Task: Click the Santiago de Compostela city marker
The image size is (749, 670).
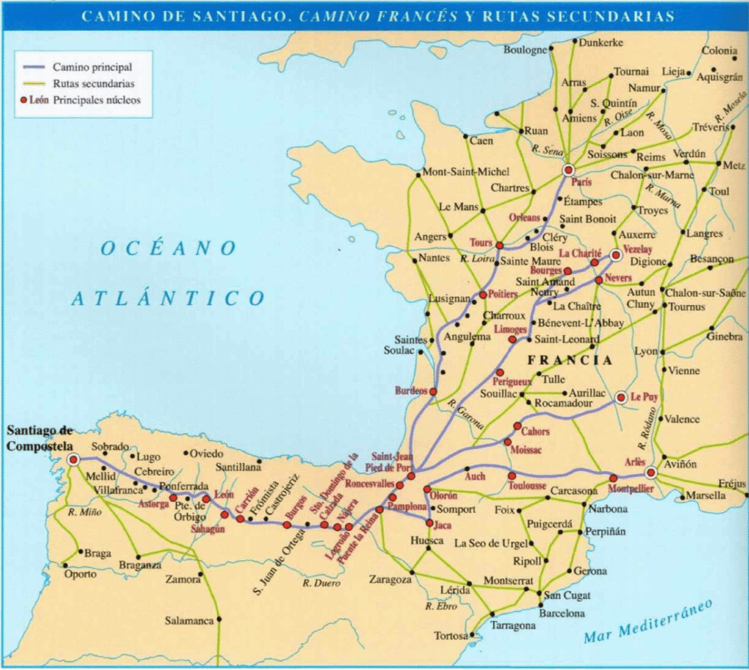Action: pyautogui.click(x=72, y=459)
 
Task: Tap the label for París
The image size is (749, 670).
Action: pyautogui.click(x=581, y=182)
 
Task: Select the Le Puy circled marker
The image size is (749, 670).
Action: pyautogui.click(x=621, y=397)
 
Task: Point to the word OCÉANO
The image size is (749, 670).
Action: pyautogui.click(x=168, y=249)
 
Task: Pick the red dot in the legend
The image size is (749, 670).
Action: pyautogui.click(x=23, y=100)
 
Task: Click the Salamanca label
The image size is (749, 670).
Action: pyautogui.click(x=189, y=620)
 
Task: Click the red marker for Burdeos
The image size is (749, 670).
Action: pyautogui.click(x=433, y=391)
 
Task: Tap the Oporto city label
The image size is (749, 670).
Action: pyautogui.click(x=79, y=574)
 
